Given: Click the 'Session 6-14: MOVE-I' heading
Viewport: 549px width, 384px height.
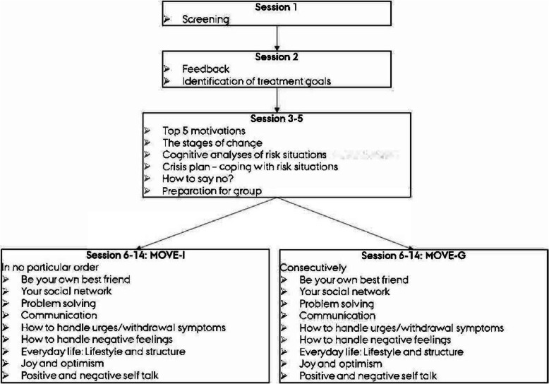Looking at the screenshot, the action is [125, 256].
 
